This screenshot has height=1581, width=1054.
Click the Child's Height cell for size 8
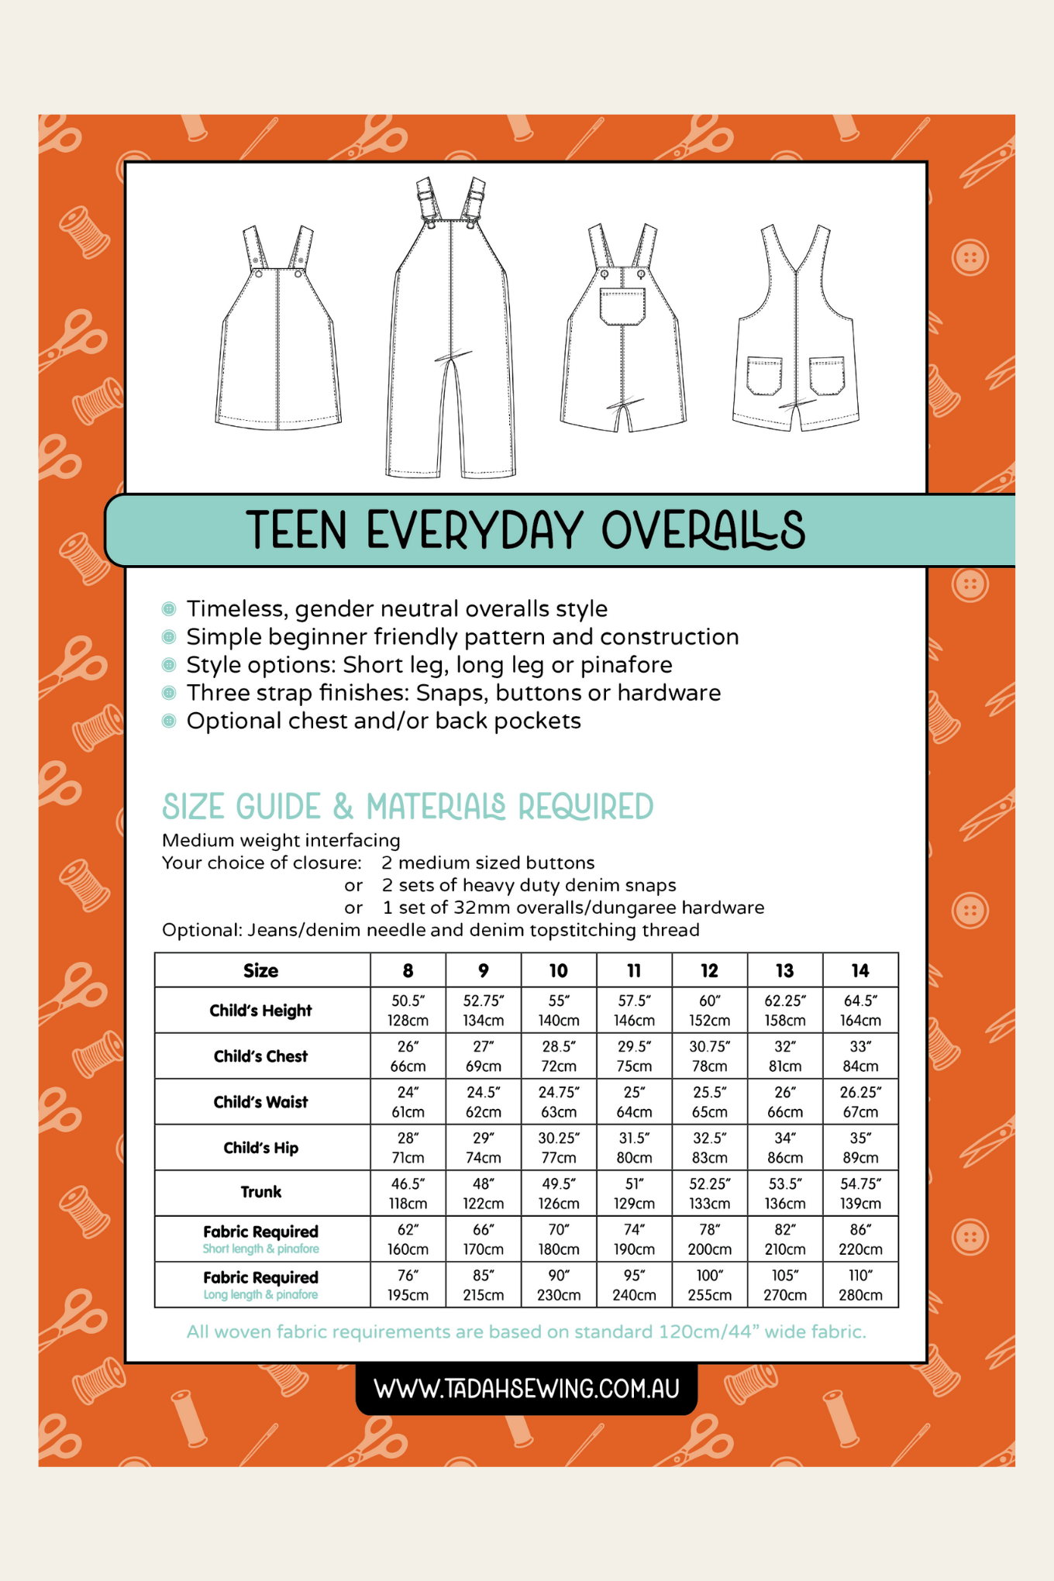click(408, 1010)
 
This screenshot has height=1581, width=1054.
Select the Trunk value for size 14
click(860, 1193)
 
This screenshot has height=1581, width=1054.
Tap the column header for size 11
click(634, 970)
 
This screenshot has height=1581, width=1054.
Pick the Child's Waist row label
click(261, 1101)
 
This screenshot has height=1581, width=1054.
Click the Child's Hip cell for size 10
click(559, 1147)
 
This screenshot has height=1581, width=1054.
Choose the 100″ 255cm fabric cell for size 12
click(709, 1284)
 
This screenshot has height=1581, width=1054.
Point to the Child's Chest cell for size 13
click(785, 1056)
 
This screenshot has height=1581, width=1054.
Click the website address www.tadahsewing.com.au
click(526, 1388)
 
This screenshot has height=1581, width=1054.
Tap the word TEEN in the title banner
click(296, 531)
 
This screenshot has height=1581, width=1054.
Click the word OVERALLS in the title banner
click(703, 531)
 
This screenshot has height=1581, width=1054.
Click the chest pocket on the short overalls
click(622, 305)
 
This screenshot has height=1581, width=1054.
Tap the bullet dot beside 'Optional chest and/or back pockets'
click(169, 721)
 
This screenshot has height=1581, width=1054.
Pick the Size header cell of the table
click(261, 970)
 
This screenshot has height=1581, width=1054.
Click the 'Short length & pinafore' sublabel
click(261, 1249)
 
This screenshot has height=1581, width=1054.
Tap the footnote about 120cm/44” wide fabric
click(526, 1331)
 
